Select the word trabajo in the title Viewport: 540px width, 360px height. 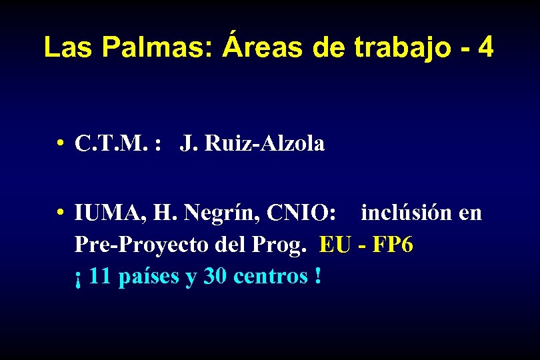pyautogui.click(x=385, y=48)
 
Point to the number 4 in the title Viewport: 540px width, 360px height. pyautogui.click(x=486, y=48)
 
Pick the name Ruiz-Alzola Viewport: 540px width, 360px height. pyautogui.click(x=265, y=143)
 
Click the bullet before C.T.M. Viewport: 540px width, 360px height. pyautogui.click(x=60, y=143)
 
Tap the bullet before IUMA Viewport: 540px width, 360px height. pyautogui.click(x=60, y=213)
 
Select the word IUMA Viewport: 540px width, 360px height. pyautogui.click(x=109, y=214)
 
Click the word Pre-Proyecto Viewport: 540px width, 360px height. pyautogui.click(x=143, y=245)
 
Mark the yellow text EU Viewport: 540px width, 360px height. pyautogui.click(x=335, y=245)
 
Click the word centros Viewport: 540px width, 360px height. pyautogui.click(x=270, y=276)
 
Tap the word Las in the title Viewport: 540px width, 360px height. pyautogui.click(x=64, y=48)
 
